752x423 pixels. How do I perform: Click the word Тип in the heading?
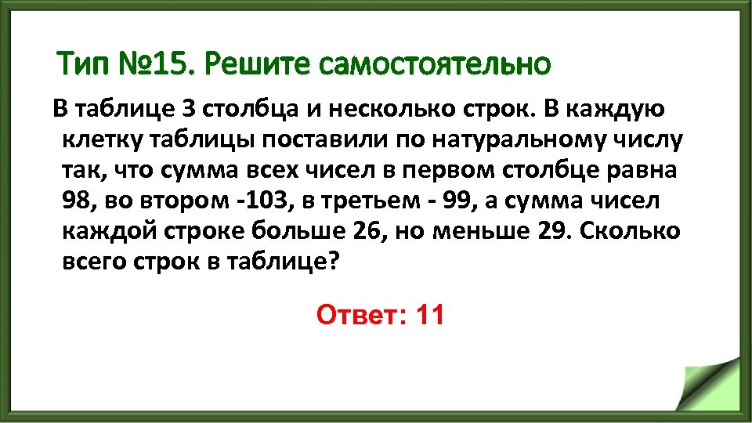pyautogui.click(x=81, y=63)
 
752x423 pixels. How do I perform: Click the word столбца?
pyautogui.click(x=249, y=109)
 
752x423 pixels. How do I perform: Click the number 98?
pyautogui.click(x=77, y=201)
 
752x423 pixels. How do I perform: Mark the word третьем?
pyautogui.click(x=371, y=201)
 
